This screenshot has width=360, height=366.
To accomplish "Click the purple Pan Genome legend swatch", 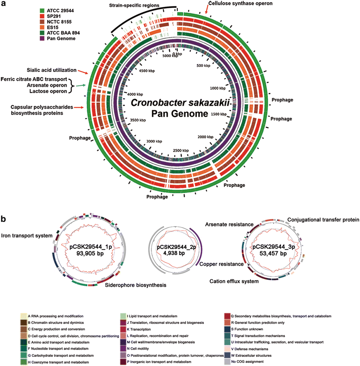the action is click(x=42, y=39).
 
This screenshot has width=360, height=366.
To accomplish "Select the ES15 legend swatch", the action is click(x=42, y=28).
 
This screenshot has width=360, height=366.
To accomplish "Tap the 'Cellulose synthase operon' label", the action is click(x=240, y=3).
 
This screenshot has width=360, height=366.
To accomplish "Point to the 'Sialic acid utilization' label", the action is click(x=51, y=70).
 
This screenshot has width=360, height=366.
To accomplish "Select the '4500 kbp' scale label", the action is click(x=147, y=71).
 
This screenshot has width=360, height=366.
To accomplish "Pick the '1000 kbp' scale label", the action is click(x=218, y=88).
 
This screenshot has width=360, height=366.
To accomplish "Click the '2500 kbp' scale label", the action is click(x=181, y=150).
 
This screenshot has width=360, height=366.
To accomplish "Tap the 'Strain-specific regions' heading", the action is click(x=134, y=5).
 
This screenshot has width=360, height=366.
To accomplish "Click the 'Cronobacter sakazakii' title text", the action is click(x=180, y=103).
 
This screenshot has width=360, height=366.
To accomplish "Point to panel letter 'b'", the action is click(x=3, y=219).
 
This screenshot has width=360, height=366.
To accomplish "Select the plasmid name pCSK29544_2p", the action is click(x=176, y=247).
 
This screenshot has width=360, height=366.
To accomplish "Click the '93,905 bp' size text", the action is click(x=90, y=254).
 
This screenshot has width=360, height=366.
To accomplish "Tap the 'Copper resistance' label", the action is click(x=221, y=264).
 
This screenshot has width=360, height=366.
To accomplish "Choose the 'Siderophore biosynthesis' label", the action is click(x=135, y=285).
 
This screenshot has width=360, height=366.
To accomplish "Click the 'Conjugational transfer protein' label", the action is click(x=323, y=220).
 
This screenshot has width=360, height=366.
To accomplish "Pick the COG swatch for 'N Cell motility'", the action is click(x=123, y=349).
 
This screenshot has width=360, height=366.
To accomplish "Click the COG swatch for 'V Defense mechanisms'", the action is click(x=227, y=349).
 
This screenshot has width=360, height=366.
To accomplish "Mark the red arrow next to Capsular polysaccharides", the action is click(x=79, y=107).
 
